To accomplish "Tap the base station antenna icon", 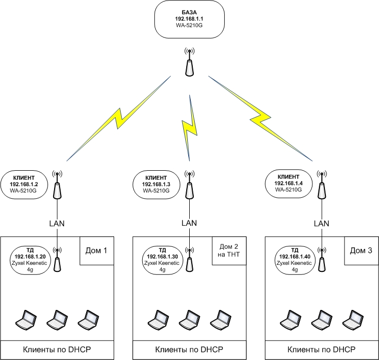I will (x=189, y=63).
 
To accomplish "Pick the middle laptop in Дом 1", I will (x=57, y=318).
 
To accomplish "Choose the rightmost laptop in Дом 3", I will (x=353, y=318).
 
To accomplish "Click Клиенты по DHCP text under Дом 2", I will (x=189, y=349).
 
